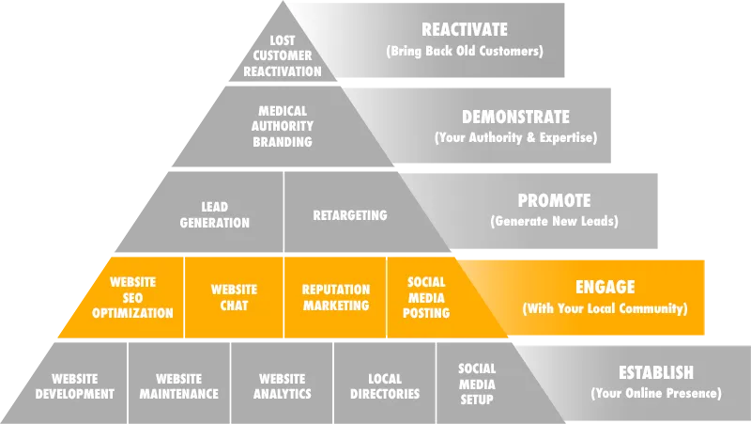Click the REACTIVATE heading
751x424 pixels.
click(x=464, y=30)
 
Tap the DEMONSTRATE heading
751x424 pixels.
click(x=515, y=118)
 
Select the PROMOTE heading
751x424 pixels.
click(x=554, y=201)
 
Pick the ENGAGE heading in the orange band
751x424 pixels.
click(x=605, y=287)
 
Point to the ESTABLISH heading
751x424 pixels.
click(x=655, y=372)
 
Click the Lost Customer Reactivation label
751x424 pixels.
click(x=282, y=56)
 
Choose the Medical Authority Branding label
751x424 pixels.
click(x=282, y=127)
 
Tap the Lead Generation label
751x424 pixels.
click(x=215, y=215)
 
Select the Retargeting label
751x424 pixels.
click(x=349, y=215)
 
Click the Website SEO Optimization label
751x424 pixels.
click(x=132, y=297)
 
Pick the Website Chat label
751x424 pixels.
click(x=234, y=297)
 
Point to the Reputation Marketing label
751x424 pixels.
click(x=335, y=297)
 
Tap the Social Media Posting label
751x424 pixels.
click(x=426, y=297)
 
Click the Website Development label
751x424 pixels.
click(x=75, y=386)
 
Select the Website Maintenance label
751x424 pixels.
click(x=178, y=386)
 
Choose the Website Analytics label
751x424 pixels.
click(x=282, y=386)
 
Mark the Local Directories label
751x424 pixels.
click(x=385, y=386)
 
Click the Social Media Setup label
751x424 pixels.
click(x=477, y=385)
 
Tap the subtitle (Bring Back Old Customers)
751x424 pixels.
click(x=464, y=52)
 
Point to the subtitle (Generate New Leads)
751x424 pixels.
click(x=554, y=223)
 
